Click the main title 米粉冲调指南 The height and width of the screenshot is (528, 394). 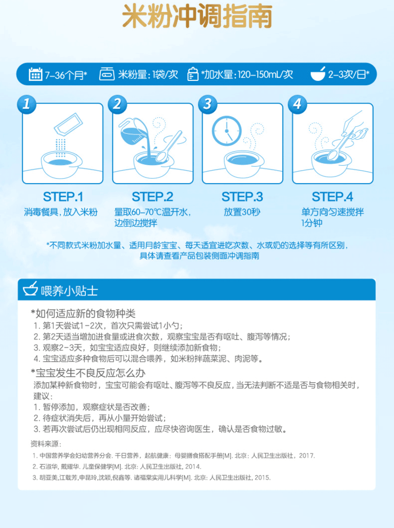click(x=197, y=16)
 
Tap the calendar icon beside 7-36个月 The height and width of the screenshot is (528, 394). click(x=36, y=74)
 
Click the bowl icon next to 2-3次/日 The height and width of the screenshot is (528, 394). click(x=317, y=74)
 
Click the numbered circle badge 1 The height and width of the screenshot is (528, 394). click(x=26, y=104)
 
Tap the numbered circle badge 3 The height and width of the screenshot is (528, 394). click(x=207, y=104)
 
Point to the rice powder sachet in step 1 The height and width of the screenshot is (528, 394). click(x=69, y=124)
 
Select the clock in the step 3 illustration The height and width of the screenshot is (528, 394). click(x=227, y=131)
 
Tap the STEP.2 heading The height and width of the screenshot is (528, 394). click(x=153, y=197)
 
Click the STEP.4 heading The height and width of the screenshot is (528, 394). click(x=332, y=197)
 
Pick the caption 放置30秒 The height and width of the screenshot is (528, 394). click(x=242, y=212)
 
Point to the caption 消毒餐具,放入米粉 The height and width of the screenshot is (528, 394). click(x=60, y=212)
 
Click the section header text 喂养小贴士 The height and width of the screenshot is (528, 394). click(x=70, y=291)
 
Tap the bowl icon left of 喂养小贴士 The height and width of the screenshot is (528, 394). click(x=30, y=289)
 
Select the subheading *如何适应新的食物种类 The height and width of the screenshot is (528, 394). click(x=83, y=314)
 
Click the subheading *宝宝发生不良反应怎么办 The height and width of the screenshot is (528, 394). click(x=88, y=373)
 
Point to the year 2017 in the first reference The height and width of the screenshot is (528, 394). click(x=306, y=456)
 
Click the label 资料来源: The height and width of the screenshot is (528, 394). click(x=46, y=444)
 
